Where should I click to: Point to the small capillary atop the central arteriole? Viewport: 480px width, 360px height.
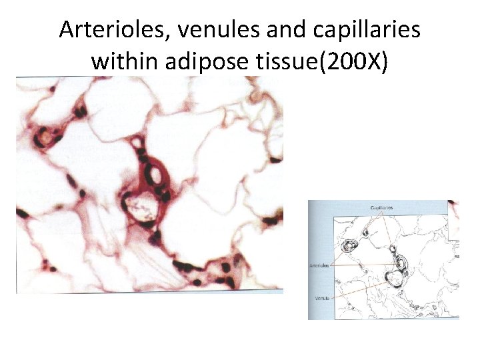pyautogui.click(x=138, y=141)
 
